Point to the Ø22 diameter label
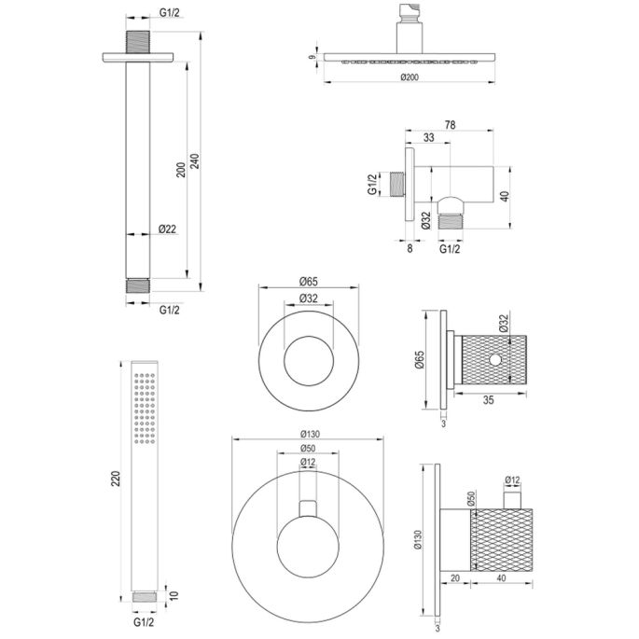tap(169, 229)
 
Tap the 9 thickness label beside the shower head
tap(313, 59)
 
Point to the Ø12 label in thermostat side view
tap(511, 481)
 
